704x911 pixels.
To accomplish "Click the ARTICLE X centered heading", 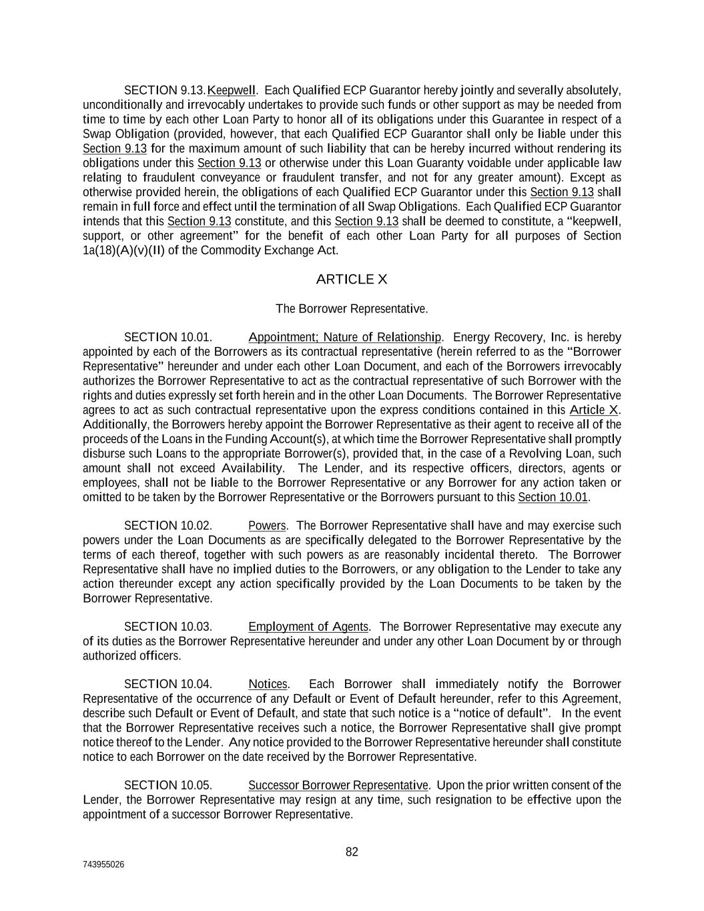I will pos(352,280).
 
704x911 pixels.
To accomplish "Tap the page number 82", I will pos(352,852).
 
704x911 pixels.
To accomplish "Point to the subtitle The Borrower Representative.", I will pos(352,309).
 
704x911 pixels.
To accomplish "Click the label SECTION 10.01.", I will pos(168,338).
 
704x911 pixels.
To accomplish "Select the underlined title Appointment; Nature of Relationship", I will pos(344,338).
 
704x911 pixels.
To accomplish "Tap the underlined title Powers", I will pos(267,526).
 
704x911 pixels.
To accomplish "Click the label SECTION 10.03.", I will pos(168,627).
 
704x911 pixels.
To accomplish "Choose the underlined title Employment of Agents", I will pos(308,627).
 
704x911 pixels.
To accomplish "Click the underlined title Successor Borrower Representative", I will pos(338,786).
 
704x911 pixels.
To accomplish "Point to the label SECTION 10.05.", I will pos(168,786).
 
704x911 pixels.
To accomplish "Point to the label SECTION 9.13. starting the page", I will pos(165,90).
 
